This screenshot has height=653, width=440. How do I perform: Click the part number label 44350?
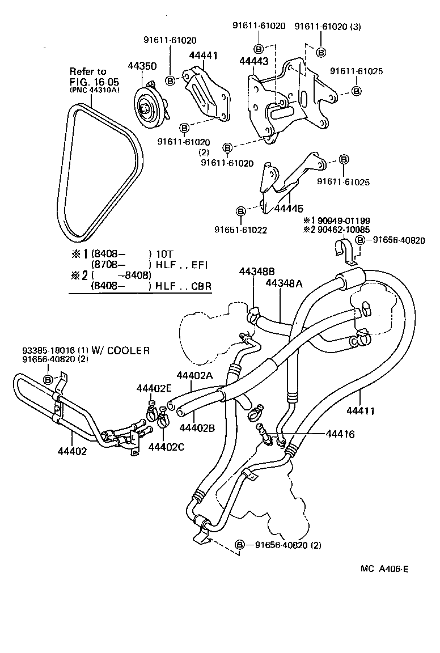142,66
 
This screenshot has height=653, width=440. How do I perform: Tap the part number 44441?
203,56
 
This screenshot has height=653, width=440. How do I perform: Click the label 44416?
340,434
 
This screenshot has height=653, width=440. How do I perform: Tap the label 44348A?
285,283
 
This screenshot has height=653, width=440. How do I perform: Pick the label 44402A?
196,375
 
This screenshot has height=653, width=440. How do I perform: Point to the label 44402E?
155,388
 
